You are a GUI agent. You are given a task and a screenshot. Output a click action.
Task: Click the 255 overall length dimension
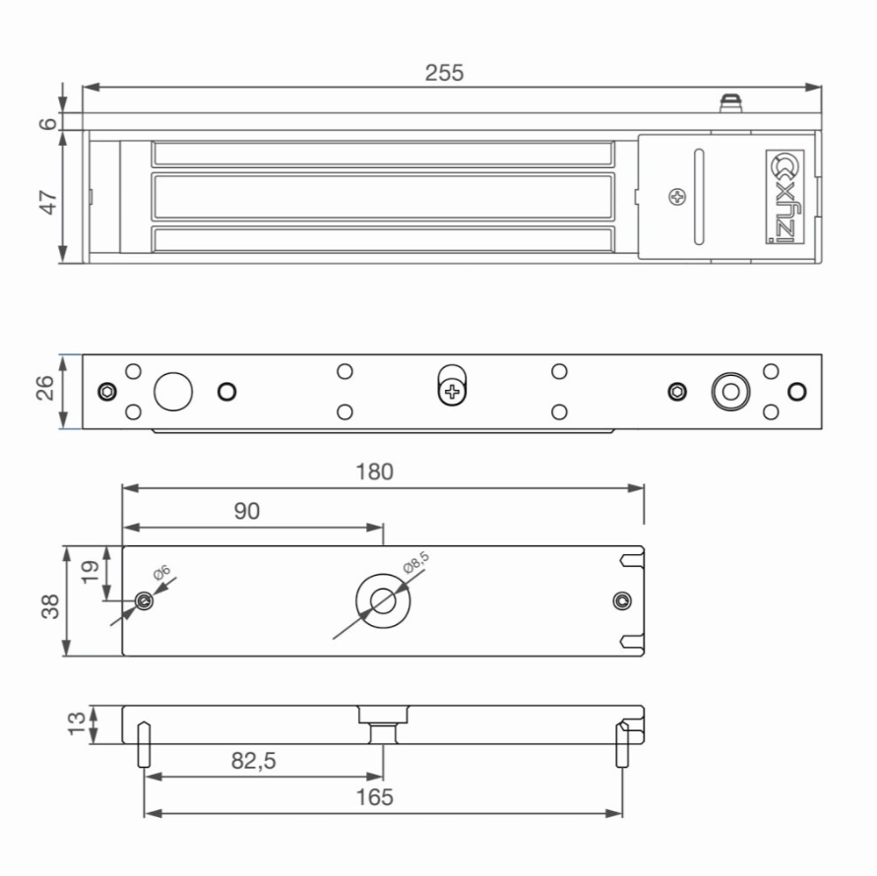(444, 73)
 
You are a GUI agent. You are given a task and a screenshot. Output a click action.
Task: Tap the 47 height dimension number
(48, 202)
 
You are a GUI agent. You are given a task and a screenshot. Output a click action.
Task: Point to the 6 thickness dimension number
(48, 123)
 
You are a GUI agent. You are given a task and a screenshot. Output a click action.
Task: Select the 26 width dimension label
(45, 388)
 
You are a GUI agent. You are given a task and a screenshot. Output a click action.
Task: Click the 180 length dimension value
(375, 472)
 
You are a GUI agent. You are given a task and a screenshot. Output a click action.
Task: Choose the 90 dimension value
(247, 511)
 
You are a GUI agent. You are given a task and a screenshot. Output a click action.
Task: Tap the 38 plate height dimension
(50, 606)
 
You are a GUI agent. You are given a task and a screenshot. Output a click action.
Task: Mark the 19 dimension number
(90, 572)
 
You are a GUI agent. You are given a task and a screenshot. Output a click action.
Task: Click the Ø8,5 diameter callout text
(416, 562)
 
